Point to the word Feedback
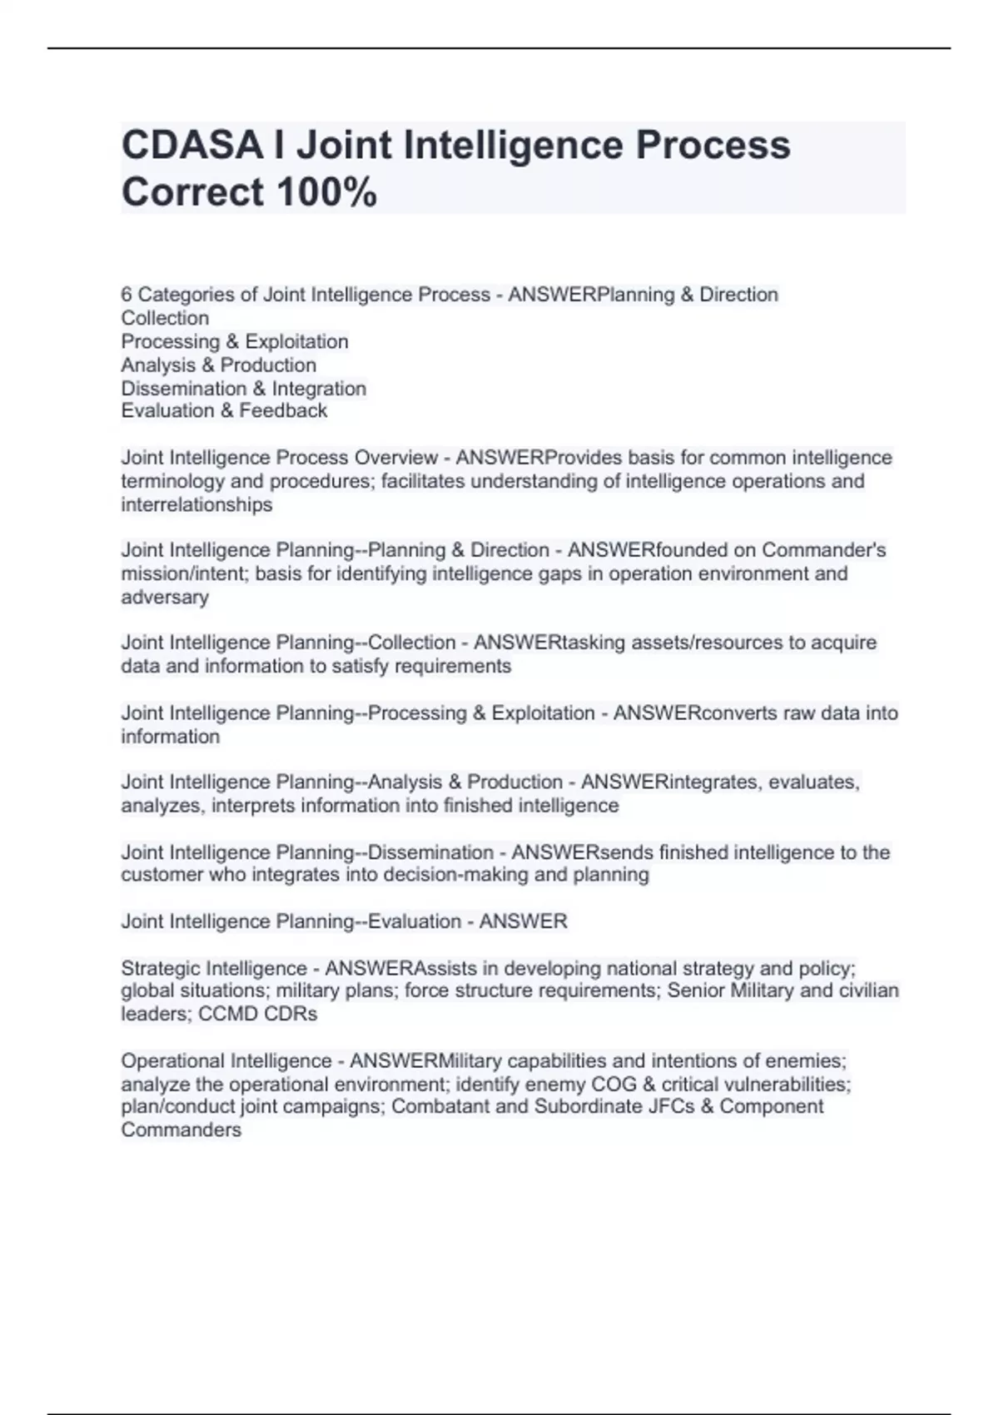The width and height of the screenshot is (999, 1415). [x=283, y=410]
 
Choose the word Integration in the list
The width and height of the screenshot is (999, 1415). [x=319, y=389]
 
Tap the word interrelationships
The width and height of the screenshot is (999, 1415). [x=196, y=505]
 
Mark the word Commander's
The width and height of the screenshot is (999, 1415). [x=823, y=550]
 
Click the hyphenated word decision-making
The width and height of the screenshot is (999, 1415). [x=422, y=875]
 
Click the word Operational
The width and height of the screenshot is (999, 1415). [x=172, y=1061]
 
